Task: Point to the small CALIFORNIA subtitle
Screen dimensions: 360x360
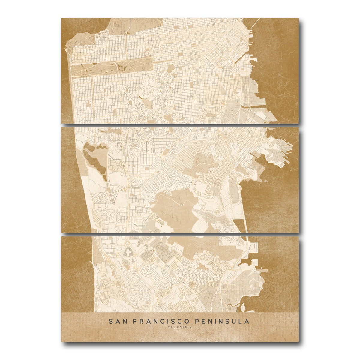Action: point(180,327)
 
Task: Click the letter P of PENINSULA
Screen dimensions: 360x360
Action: point(197,321)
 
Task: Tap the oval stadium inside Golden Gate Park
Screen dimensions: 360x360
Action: point(122,69)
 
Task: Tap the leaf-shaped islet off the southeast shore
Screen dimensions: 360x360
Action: point(243,307)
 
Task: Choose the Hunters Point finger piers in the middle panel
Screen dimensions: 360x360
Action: point(286,150)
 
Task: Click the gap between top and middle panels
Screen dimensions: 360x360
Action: point(180,125)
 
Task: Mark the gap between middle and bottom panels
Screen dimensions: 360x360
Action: point(180,234)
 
